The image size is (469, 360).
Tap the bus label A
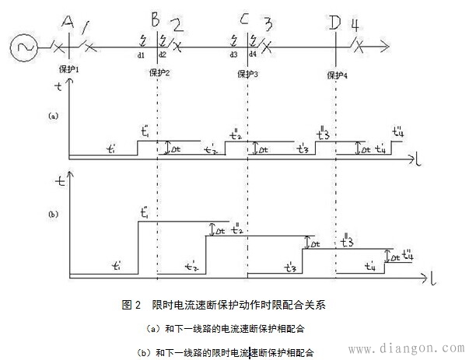pyautogui.click(x=68, y=21)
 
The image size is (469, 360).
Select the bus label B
pyautogui.click(x=156, y=19)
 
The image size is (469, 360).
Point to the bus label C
pyautogui.click(x=245, y=19)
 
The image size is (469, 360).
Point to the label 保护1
pyautogui.click(x=69, y=69)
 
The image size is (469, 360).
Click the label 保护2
pyautogui.click(x=159, y=73)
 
